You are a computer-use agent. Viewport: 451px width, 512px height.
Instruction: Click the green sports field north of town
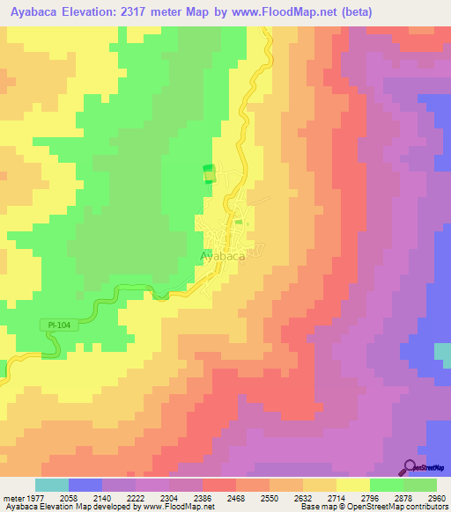209,173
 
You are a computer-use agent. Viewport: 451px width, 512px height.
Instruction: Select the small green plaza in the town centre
239,223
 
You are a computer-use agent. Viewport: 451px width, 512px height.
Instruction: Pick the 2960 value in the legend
437,497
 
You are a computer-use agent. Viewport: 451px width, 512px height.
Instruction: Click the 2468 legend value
236,497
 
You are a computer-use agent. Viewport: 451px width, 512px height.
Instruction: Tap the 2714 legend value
336,497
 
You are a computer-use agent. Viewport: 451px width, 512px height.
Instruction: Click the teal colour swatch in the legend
52,485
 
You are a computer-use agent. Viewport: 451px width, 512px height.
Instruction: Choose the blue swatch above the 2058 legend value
85,485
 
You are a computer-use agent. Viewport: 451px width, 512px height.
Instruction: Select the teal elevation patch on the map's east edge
442,351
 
